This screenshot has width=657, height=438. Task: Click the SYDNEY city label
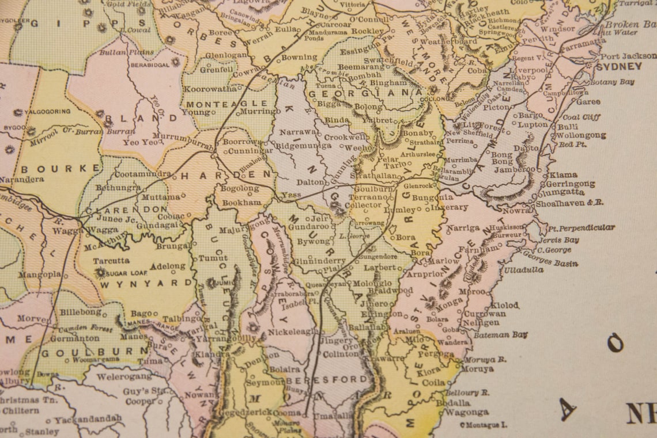[x=618, y=67]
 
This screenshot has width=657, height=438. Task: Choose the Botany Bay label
[x=613, y=82]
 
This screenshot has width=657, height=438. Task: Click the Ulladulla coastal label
[x=523, y=269]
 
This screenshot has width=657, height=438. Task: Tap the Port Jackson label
[x=628, y=56]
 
